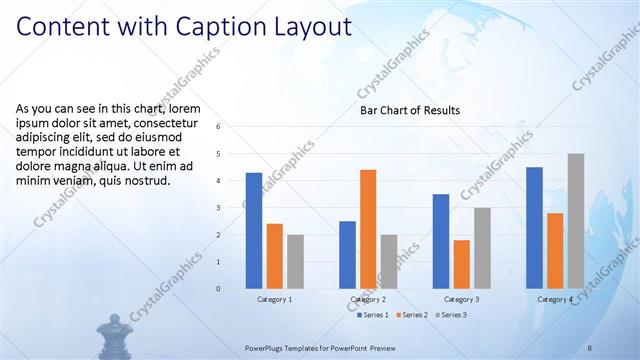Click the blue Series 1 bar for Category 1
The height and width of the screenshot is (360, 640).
[254, 231]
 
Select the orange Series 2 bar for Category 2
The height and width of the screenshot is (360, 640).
[368, 229]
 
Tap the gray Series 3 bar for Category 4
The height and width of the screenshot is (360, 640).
[576, 221]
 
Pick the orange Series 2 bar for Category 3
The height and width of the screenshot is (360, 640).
[461, 264]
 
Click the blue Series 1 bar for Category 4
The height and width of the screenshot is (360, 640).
[534, 228]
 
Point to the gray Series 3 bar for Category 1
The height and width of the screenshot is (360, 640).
[295, 262]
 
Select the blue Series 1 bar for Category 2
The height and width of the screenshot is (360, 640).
[347, 255]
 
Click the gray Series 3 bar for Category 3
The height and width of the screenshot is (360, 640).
[482, 248]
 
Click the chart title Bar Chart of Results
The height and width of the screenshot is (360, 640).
[410, 110]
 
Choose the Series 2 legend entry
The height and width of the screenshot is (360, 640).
[414, 315]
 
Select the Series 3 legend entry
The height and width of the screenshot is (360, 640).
[451, 315]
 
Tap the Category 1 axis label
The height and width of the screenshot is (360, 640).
[274, 299]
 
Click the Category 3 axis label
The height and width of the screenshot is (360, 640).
[461, 299]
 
